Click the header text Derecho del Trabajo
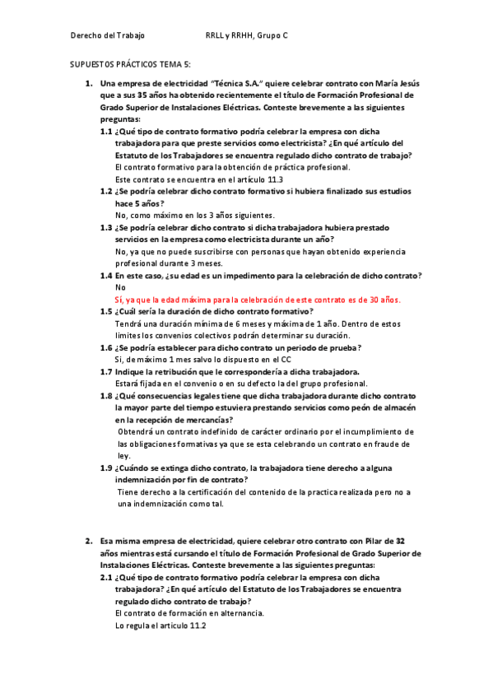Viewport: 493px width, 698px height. [x=107, y=35]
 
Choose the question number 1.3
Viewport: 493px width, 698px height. [x=106, y=226]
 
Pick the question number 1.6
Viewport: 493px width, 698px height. [x=106, y=347]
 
